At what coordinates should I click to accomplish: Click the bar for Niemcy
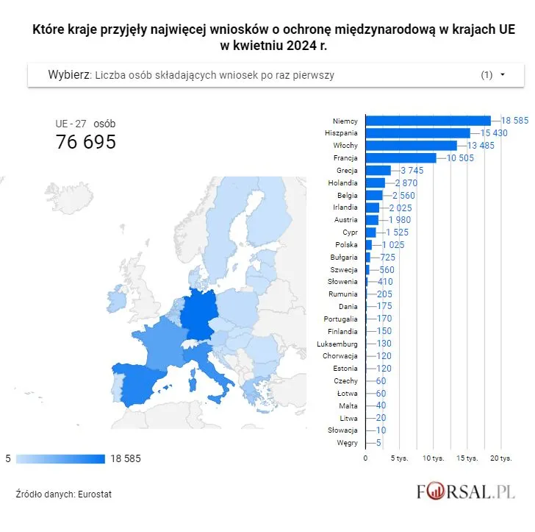pyautogui.click(x=428, y=120)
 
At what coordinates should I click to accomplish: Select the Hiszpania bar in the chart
pyautogui.click(x=417, y=132)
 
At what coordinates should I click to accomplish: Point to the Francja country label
pyautogui.click(x=345, y=157)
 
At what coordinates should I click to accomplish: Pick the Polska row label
pyautogui.click(x=346, y=244)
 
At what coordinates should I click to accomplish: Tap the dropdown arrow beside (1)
pyautogui.click(x=503, y=75)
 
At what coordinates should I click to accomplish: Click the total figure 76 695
pyautogui.click(x=86, y=142)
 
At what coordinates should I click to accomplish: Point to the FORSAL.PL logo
pyautogui.click(x=465, y=492)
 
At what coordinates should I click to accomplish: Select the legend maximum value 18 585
pyautogui.click(x=126, y=458)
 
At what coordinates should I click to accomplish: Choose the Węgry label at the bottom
pyautogui.click(x=347, y=443)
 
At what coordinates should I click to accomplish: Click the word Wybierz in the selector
pyautogui.click(x=69, y=75)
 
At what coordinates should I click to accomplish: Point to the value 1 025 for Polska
pyautogui.click(x=393, y=244)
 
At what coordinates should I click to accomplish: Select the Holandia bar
pyautogui.click(x=375, y=182)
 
